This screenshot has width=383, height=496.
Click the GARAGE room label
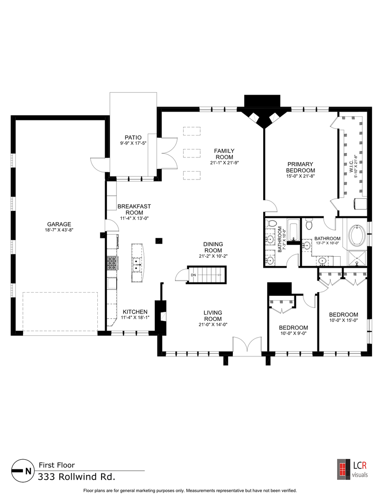click(59, 224)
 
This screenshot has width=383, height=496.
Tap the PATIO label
click(133, 138)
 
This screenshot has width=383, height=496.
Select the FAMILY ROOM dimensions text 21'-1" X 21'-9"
click(225, 163)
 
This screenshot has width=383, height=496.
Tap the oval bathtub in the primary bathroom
click(357, 236)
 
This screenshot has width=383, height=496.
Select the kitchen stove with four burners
click(112, 263)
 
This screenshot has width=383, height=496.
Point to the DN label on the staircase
click(193, 275)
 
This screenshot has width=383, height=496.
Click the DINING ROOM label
click(213, 247)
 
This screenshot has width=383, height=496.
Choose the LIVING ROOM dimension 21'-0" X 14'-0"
click(213, 324)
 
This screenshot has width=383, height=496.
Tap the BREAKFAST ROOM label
click(134, 209)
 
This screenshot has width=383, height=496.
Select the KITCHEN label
click(135, 312)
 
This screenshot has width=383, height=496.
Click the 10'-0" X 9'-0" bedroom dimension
click(293, 333)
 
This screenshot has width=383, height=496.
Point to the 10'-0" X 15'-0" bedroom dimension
click(344, 320)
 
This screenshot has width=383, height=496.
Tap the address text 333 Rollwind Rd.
click(76, 477)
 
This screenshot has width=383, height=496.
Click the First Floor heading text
click(56, 465)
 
